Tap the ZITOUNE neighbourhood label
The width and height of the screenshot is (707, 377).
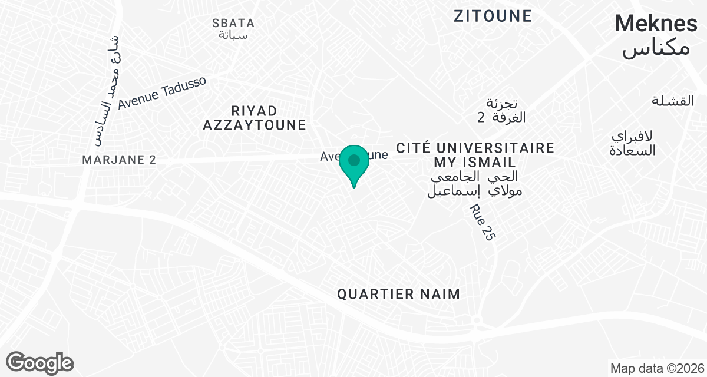pyautogui.click(x=493, y=16)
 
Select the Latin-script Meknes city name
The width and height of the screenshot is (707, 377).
pyautogui.click(x=656, y=24)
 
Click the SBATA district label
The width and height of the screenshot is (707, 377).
pyautogui.click(x=233, y=24)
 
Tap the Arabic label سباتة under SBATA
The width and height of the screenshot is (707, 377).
pyautogui.click(x=233, y=35)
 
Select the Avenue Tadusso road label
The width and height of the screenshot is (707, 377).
pyautogui.click(x=162, y=93)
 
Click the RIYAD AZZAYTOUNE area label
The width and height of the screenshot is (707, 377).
pyautogui.click(x=255, y=118)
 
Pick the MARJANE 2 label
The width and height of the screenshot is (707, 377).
pyautogui.click(x=119, y=160)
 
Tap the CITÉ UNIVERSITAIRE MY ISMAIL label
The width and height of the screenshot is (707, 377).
pyautogui.click(x=475, y=154)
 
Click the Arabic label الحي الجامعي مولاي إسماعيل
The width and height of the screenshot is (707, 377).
pyautogui.click(x=475, y=183)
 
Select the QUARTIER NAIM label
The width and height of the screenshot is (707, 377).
pyautogui.click(x=398, y=295)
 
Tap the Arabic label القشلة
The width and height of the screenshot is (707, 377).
pyautogui.click(x=673, y=101)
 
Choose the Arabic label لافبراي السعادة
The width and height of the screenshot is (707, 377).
pyautogui.click(x=633, y=143)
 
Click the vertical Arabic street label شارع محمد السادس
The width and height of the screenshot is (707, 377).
pyautogui.click(x=108, y=88)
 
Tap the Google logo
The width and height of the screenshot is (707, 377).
pyautogui.click(x=39, y=362)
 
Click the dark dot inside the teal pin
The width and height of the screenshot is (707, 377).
pyautogui.click(x=354, y=160)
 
